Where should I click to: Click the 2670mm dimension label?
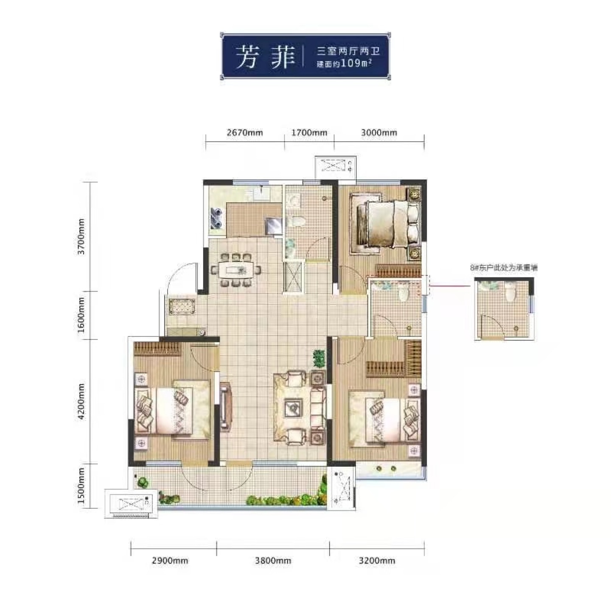[245, 132]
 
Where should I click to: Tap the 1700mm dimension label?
[309, 132]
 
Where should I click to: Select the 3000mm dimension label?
[379, 132]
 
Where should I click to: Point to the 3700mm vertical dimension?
[81, 236]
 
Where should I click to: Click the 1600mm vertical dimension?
[81, 314]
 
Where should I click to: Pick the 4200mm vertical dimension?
[81, 401]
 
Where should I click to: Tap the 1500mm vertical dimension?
[81, 485]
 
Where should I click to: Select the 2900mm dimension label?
[170, 561]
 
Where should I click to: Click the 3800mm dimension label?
[273, 561]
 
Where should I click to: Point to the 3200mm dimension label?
[377, 561]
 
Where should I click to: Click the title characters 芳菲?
[265, 57]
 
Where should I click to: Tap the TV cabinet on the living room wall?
[226, 407]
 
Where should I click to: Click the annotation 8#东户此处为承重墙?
[504, 268]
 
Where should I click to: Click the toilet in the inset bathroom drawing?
[510, 291]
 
